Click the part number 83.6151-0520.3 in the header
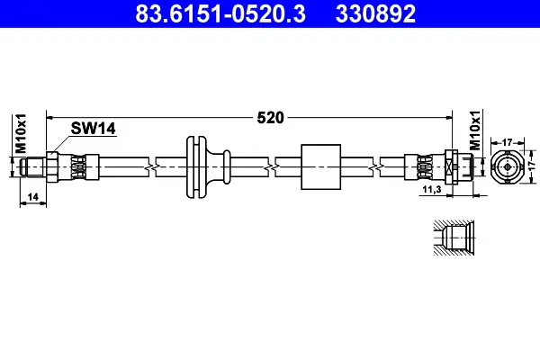(x=220, y=13)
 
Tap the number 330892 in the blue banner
(x=375, y=13)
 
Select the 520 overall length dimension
(x=270, y=118)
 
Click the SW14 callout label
(x=93, y=129)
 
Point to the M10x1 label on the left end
(x=21, y=134)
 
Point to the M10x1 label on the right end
(x=475, y=130)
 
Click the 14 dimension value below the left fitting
(x=32, y=197)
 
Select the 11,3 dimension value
(x=432, y=189)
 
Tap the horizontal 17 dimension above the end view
(x=508, y=142)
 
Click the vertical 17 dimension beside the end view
(x=532, y=166)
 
